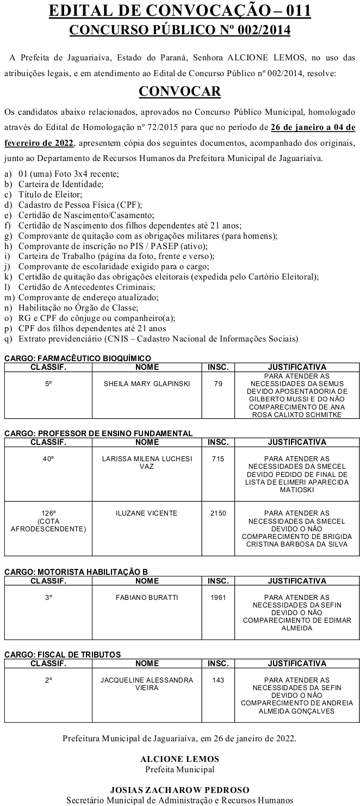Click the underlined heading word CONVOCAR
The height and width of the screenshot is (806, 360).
(179, 91)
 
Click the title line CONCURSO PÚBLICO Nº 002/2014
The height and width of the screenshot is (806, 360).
(179, 30)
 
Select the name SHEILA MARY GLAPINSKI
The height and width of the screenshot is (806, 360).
(147, 383)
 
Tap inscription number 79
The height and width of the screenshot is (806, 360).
(218, 383)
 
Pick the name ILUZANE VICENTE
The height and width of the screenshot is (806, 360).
(147, 513)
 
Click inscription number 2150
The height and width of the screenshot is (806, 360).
(218, 513)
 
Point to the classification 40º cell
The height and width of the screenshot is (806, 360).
(48, 458)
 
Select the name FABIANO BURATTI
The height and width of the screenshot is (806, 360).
(147, 597)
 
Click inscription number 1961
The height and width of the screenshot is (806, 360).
(218, 597)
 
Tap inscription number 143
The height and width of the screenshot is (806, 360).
(218, 680)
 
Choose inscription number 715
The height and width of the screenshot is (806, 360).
(218, 458)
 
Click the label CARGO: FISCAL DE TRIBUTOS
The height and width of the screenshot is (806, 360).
(63, 654)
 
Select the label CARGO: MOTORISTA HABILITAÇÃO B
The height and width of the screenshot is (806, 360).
(76, 572)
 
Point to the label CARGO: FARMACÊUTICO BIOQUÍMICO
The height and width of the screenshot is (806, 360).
(78, 358)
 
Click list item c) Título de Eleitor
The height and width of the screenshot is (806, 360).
(44, 195)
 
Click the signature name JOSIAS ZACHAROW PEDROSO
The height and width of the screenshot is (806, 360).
(179, 790)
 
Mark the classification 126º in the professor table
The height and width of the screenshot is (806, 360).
(48, 513)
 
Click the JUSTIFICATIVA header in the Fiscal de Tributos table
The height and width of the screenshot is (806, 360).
(297, 663)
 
